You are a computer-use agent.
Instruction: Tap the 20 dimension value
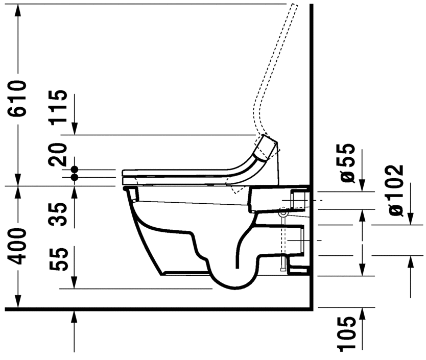point(59,154)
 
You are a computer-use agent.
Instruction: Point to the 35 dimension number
point(59,214)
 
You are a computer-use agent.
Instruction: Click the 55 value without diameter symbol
point(59,260)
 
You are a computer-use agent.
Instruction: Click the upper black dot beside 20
point(75,169)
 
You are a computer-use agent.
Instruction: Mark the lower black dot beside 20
point(75,177)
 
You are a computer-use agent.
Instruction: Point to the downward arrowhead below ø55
point(362,186)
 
